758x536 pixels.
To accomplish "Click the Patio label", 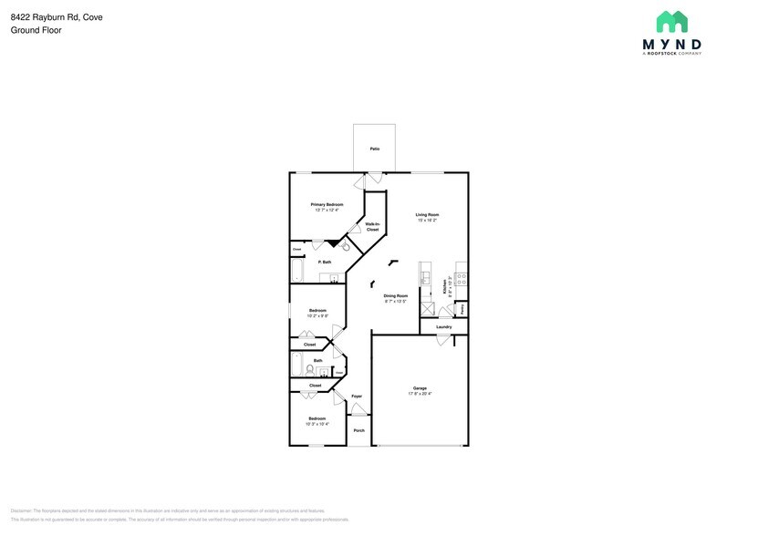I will [374, 149].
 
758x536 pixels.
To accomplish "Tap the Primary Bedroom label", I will [327, 204].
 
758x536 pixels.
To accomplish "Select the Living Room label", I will [428, 214].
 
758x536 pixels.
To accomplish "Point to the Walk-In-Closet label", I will [372, 226].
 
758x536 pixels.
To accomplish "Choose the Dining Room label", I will [395, 295].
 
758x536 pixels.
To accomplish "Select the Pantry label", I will [462, 309].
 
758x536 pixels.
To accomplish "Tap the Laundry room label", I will [444, 326].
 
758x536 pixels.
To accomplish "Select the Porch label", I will [358, 430].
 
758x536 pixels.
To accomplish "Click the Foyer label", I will [357, 397].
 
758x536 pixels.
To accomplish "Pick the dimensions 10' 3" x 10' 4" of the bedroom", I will [317, 424].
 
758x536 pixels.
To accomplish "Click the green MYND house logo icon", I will [672, 22].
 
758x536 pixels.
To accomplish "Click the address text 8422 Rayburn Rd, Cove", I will [57, 15].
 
